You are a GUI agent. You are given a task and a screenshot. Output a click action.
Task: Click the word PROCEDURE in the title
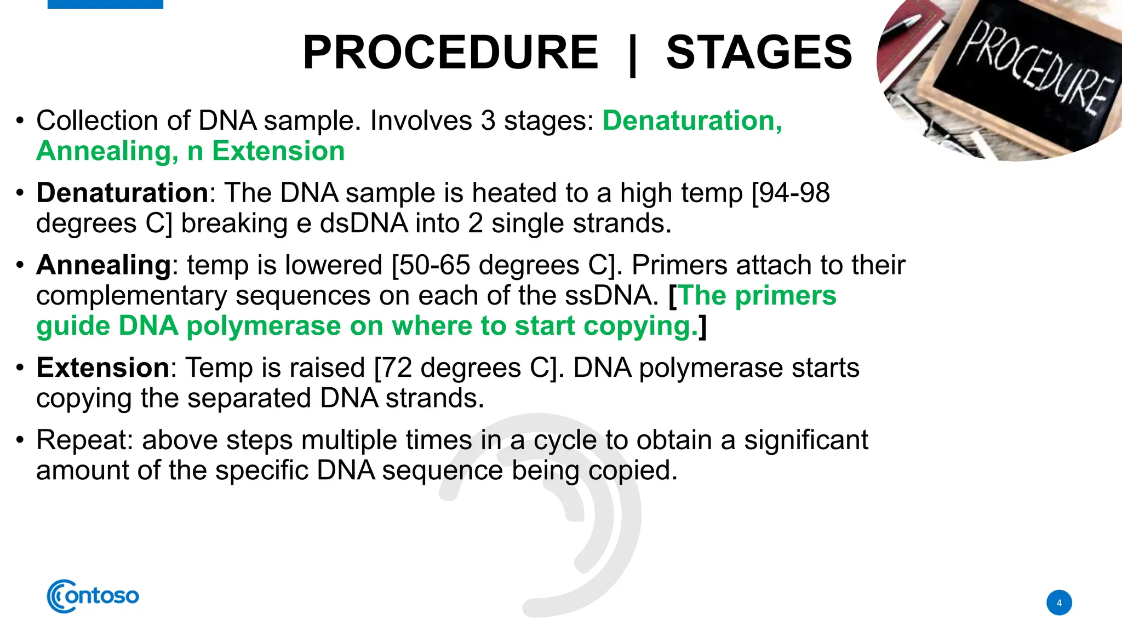point(450,53)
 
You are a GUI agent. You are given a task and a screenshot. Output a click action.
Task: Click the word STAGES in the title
point(759,53)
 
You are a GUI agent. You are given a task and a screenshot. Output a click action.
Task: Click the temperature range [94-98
point(791,193)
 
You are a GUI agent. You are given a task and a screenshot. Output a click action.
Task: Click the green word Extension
point(278,151)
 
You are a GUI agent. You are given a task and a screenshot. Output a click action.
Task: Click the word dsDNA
point(364,223)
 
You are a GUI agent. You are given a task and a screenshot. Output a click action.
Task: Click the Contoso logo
point(93,596)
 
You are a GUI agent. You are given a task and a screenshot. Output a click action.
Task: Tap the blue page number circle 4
point(1059,603)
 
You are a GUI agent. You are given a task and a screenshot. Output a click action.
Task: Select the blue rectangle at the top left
point(105,4)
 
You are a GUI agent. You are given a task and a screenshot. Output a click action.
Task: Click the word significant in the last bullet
point(806,440)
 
